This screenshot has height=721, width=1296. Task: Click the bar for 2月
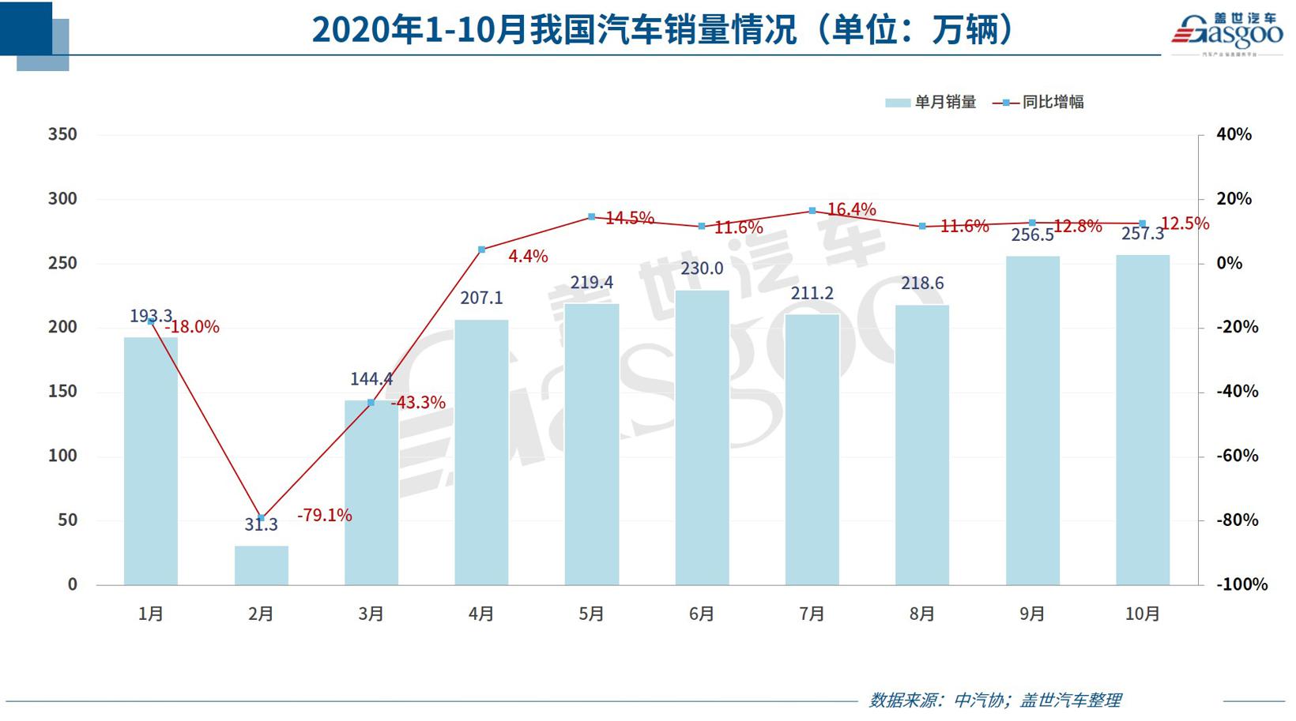(x=261, y=565)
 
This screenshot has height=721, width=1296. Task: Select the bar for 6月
(x=702, y=438)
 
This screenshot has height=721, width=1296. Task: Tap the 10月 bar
(x=1142, y=420)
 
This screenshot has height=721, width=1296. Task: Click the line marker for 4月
(x=481, y=250)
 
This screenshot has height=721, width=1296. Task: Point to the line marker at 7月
(x=812, y=211)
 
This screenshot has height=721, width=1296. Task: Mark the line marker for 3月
(x=371, y=403)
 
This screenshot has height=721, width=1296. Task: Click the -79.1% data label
(x=325, y=516)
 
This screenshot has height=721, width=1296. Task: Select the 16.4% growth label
(x=851, y=209)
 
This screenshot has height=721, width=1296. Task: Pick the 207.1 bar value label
(x=481, y=298)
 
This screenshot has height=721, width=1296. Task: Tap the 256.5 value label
(x=1032, y=235)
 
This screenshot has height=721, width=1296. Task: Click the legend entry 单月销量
(x=931, y=102)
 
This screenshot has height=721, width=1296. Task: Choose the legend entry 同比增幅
(x=1038, y=102)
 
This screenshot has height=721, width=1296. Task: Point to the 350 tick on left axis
(x=62, y=134)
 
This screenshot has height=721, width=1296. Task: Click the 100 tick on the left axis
(x=62, y=456)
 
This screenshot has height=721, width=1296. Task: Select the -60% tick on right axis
(x=1238, y=456)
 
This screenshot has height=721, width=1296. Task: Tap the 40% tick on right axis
(x=1234, y=134)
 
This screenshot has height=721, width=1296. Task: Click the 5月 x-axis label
(x=591, y=614)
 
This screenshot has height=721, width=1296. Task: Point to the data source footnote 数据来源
(x=995, y=700)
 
